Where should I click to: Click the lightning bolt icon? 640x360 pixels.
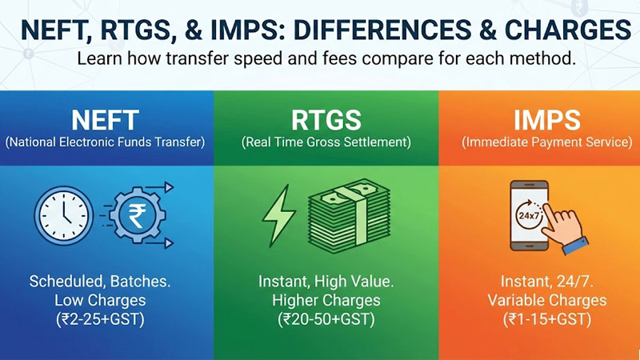click(279, 214)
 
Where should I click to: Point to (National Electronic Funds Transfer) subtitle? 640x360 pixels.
click(106, 143)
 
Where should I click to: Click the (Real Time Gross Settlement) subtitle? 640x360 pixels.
click(326, 143)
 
